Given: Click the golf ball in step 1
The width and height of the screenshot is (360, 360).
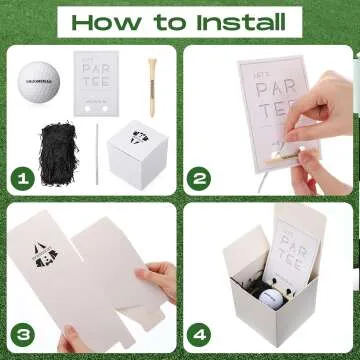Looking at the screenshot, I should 39,80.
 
